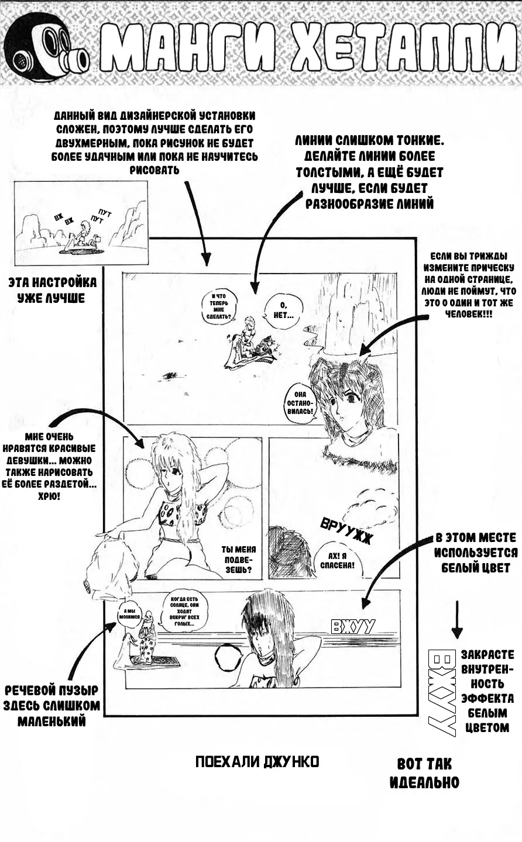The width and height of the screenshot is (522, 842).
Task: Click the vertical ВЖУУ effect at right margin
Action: coord(442,692)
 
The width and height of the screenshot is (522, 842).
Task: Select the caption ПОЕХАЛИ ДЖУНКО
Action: coord(257,762)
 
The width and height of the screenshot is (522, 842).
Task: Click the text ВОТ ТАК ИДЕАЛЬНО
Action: coord(424,773)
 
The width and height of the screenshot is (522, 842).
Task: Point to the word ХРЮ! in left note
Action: coord(51,496)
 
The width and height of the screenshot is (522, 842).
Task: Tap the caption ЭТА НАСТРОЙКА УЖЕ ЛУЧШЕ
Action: coord(53,291)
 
